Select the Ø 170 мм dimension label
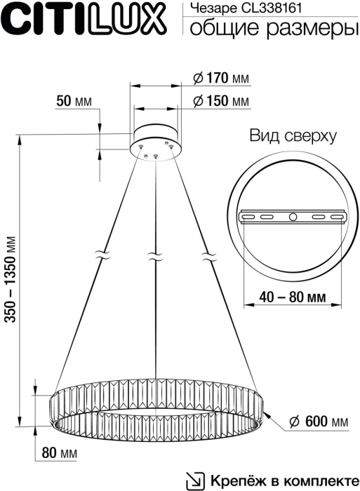coord(220,78)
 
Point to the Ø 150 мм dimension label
coord(220,102)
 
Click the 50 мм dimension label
coord(74,102)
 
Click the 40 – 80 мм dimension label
coord(292,297)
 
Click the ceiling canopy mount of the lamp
coord(155,138)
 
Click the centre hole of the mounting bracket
coord(293,217)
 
